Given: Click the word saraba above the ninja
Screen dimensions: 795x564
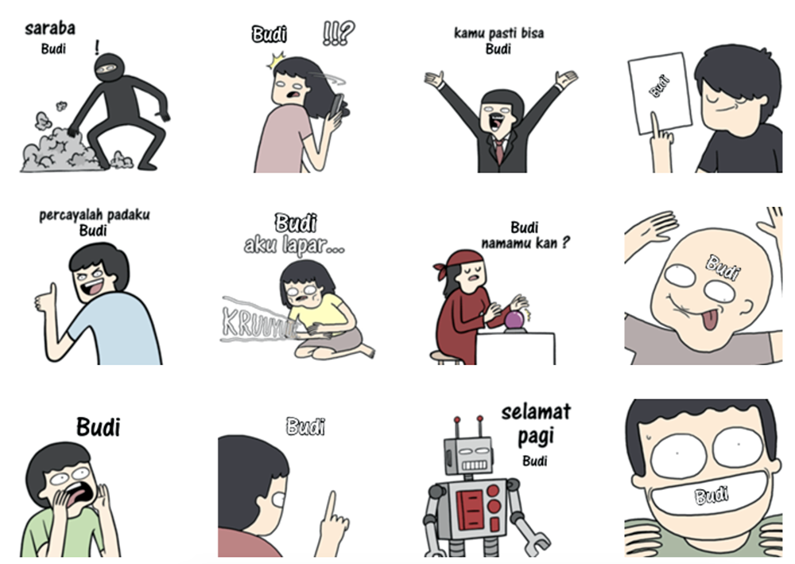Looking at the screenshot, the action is (x=50, y=29).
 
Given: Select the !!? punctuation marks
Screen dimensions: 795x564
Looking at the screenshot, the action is (x=339, y=33).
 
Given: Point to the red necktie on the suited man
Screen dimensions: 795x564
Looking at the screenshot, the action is (x=500, y=150).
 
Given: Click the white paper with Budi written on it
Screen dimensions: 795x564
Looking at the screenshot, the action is (x=660, y=94).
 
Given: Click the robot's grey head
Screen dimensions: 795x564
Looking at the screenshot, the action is (x=468, y=456).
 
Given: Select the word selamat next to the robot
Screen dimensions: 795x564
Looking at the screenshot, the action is (x=537, y=412).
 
